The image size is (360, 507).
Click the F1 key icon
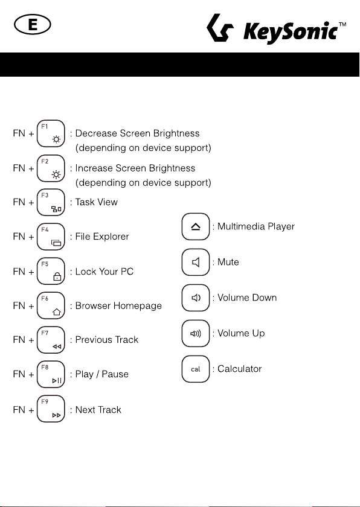(51, 133)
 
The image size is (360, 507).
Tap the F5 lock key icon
(51, 271)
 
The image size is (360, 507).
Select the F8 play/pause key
(51, 374)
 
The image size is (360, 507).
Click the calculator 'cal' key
(196, 369)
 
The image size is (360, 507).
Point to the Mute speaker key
(196, 262)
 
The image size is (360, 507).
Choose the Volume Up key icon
(196, 333)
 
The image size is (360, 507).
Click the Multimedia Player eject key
(196, 226)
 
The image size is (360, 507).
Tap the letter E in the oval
(33, 25)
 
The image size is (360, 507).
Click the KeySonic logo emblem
(220, 28)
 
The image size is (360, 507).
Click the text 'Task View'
(97, 202)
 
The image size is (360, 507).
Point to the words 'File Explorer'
(102, 237)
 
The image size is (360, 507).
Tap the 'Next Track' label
(98, 410)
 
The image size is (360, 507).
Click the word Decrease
(96, 133)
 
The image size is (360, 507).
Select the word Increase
(94, 168)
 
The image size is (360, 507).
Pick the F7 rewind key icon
(51, 340)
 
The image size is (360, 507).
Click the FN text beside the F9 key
(19, 410)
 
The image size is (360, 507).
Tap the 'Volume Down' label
(247, 298)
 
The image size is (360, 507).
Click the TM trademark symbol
(342, 25)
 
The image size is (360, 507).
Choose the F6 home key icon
(51, 305)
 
